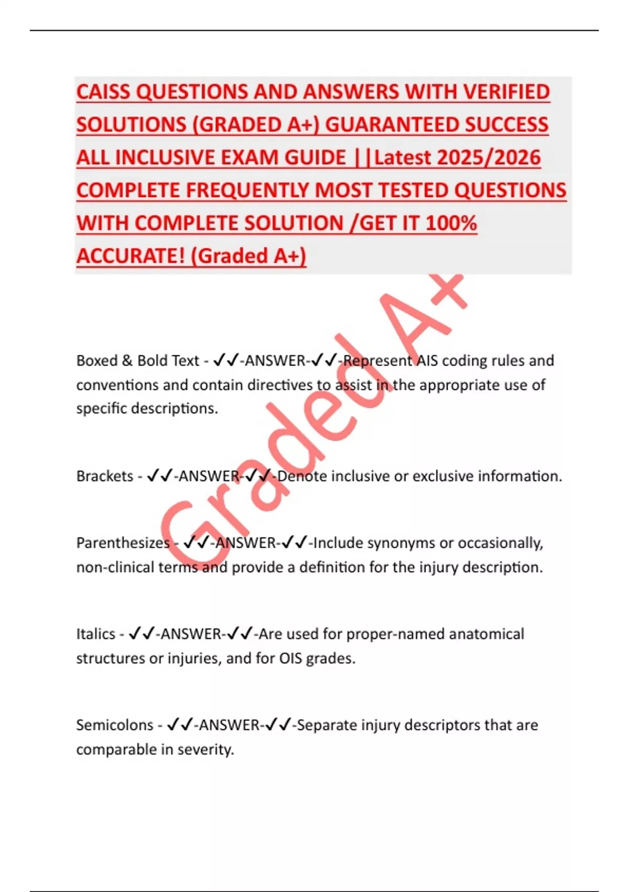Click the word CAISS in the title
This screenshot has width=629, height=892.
[x=103, y=92]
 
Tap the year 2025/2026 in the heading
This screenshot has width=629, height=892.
[x=489, y=158]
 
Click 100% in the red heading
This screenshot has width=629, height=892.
[x=451, y=224]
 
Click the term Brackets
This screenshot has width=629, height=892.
[x=105, y=476]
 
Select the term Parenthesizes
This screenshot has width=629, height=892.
[x=123, y=543]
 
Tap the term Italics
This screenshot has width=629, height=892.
[x=95, y=634]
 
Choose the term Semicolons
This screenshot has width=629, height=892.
[x=114, y=725]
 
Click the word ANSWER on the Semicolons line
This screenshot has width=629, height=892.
[x=229, y=725]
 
